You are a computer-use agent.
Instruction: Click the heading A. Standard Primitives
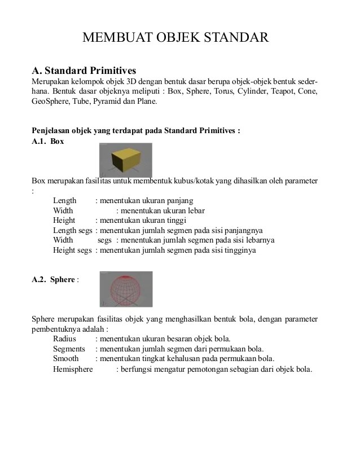click(x=84, y=71)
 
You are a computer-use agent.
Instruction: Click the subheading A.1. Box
click(x=48, y=141)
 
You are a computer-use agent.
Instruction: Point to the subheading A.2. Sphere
click(x=55, y=279)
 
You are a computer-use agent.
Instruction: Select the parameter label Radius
click(x=64, y=338)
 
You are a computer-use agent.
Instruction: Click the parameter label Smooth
click(x=66, y=359)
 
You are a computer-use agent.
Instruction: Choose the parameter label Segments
click(x=69, y=349)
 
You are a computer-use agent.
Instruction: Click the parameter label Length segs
click(x=73, y=230)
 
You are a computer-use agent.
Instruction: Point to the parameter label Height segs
click(x=72, y=250)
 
